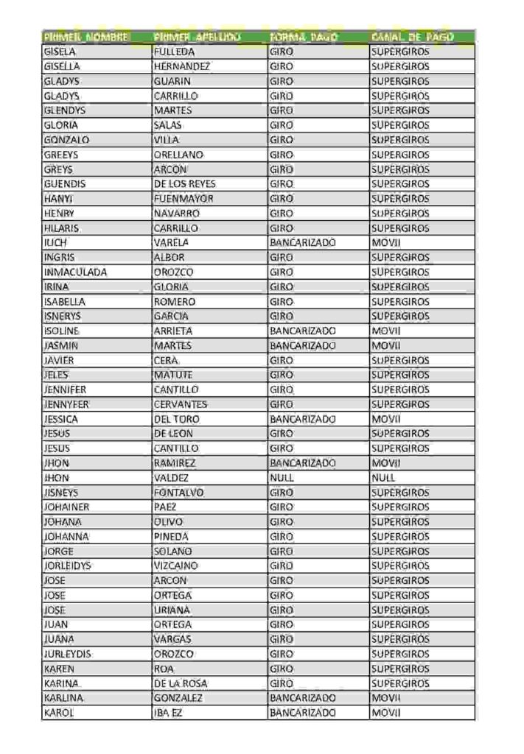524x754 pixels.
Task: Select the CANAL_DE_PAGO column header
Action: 412,37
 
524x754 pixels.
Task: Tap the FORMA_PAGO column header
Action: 304,37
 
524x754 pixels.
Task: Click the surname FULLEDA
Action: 175,52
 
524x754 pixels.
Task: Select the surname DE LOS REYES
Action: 185,183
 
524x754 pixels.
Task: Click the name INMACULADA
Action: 75,272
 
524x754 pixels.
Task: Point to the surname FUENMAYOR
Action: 184,198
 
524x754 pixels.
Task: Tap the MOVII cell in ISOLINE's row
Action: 385,331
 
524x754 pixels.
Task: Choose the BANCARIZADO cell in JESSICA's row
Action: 303,419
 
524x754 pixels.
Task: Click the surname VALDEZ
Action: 172,477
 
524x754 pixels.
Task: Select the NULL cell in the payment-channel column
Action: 383,477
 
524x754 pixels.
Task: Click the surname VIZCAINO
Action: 177,565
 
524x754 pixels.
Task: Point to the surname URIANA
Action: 172,610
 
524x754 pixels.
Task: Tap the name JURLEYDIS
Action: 68,654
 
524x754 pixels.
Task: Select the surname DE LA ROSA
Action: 181,683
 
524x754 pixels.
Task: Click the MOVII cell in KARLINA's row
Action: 385,697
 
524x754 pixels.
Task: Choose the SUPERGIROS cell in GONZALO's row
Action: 400,139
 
